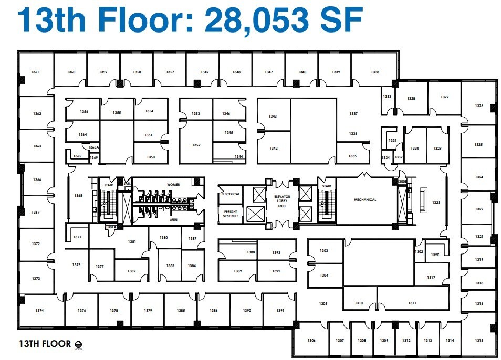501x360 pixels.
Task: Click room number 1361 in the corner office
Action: [x=35, y=72]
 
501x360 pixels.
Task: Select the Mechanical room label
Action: [x=365, y=200]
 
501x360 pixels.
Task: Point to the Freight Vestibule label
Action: [x=231, y=214]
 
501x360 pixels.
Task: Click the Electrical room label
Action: [x=231, y=194]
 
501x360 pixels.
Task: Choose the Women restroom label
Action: [x=173, y=185]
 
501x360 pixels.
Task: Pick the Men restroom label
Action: [x=173, y=220]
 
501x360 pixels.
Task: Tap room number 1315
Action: [x=478, y=341]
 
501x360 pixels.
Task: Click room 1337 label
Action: [x=353, y=113]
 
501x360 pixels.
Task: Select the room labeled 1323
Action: [x=436, y=202]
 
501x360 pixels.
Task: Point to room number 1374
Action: [x=40, y=311]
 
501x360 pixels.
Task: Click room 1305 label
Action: [x=323, y=304]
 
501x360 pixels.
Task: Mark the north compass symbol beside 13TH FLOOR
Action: [x=79, y=344]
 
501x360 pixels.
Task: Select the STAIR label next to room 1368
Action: [x=109, y=185]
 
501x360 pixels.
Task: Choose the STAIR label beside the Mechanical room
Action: [x=327, y=186]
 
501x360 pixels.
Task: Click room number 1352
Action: [x=196, y=145]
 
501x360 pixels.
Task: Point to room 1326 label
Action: [x=478, y=106]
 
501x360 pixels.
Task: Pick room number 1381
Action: [x=132, y=242]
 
